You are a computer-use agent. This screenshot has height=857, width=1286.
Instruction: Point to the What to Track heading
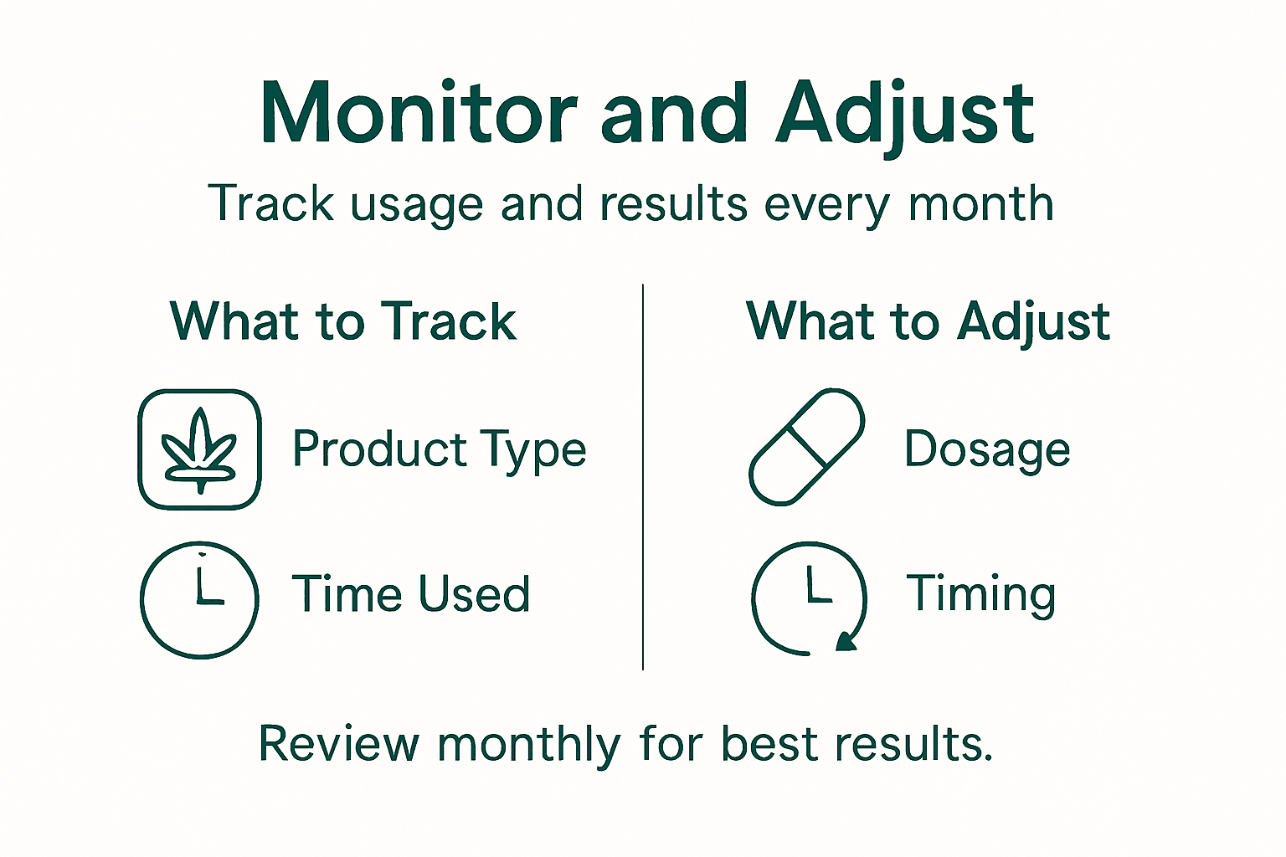coord(342,321)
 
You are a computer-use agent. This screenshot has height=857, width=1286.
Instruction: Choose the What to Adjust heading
coord(928,321)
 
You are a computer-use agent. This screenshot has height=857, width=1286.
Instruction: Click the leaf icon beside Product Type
coord(199,449)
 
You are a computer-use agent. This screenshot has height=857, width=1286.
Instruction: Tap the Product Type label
coord(439,450)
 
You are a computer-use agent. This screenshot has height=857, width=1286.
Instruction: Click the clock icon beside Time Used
coord(199,599)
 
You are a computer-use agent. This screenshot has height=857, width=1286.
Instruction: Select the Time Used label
coord(410,594)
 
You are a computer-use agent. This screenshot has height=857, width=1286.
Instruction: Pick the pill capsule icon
coord(806,447)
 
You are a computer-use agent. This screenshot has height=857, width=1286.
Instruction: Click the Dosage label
coord(987,449)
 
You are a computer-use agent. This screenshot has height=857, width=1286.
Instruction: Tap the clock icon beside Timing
coord(808,598)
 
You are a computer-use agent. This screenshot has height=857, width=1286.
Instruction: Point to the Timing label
coord(980,595)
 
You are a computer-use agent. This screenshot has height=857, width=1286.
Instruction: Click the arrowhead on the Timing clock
coord(847,641)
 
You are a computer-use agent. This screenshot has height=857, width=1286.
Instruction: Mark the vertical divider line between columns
coord(642,477)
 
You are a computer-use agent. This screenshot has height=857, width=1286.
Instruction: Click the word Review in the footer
coord(338,743)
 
